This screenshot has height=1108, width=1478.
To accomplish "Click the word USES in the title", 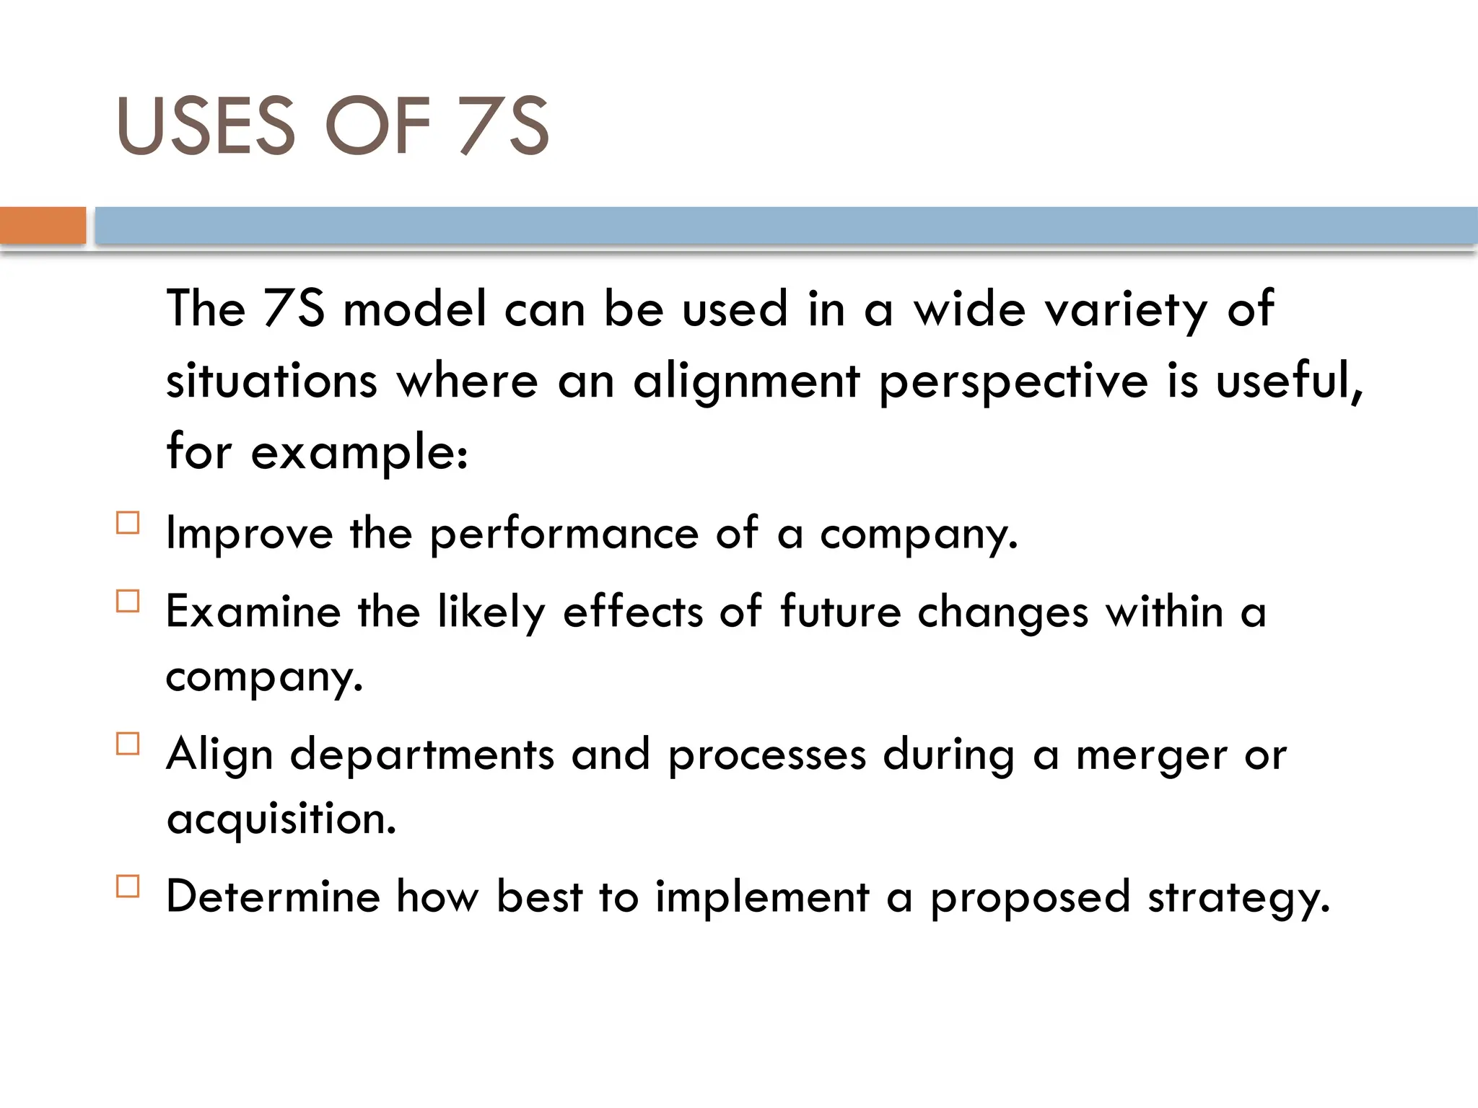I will coord(206,126).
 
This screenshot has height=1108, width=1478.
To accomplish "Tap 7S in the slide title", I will coord(504,126).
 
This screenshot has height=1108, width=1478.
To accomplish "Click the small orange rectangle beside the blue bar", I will coord(43,225).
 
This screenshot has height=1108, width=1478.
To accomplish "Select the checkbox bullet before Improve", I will coord(128,522).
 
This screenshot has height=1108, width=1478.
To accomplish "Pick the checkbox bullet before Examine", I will coord(128,601).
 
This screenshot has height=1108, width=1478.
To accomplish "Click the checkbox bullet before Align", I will coord(128,744).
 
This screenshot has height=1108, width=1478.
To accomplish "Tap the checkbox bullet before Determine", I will coord(128,886).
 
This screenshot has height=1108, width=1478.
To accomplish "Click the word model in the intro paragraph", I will coord(415,309).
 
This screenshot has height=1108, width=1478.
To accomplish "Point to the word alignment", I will coord(746,381).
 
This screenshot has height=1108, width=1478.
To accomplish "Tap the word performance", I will coord(564,535).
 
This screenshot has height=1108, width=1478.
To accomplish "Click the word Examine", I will coord(253,612).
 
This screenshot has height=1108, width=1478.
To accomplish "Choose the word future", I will coord(841,612).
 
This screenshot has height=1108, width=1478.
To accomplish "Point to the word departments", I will coord(422,755).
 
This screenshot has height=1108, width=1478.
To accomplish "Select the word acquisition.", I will coord(281,820).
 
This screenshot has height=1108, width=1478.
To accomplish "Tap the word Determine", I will coord(273,897).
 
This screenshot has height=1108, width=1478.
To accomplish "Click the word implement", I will coord(762,898).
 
